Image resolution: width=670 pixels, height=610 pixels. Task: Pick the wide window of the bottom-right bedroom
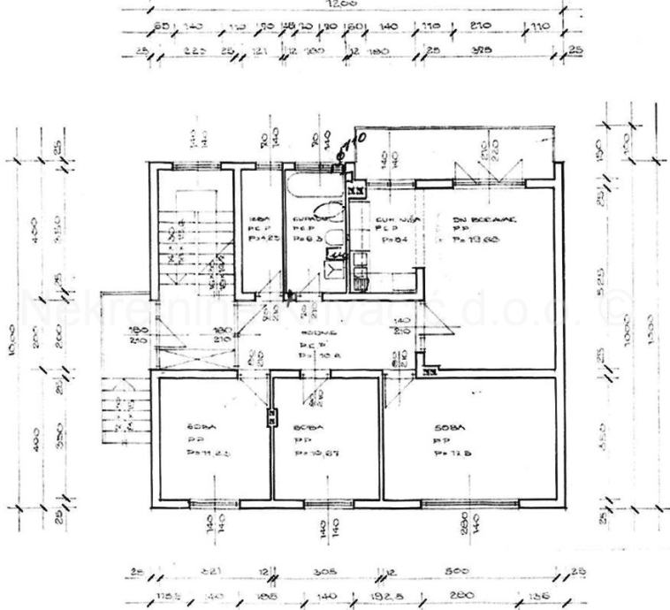456,504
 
